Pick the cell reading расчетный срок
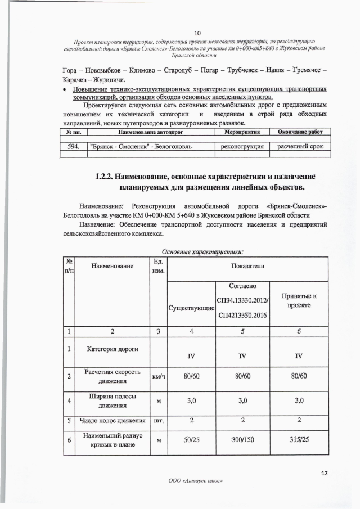click(x=300, y=146)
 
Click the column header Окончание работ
click(x=300, y=132)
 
